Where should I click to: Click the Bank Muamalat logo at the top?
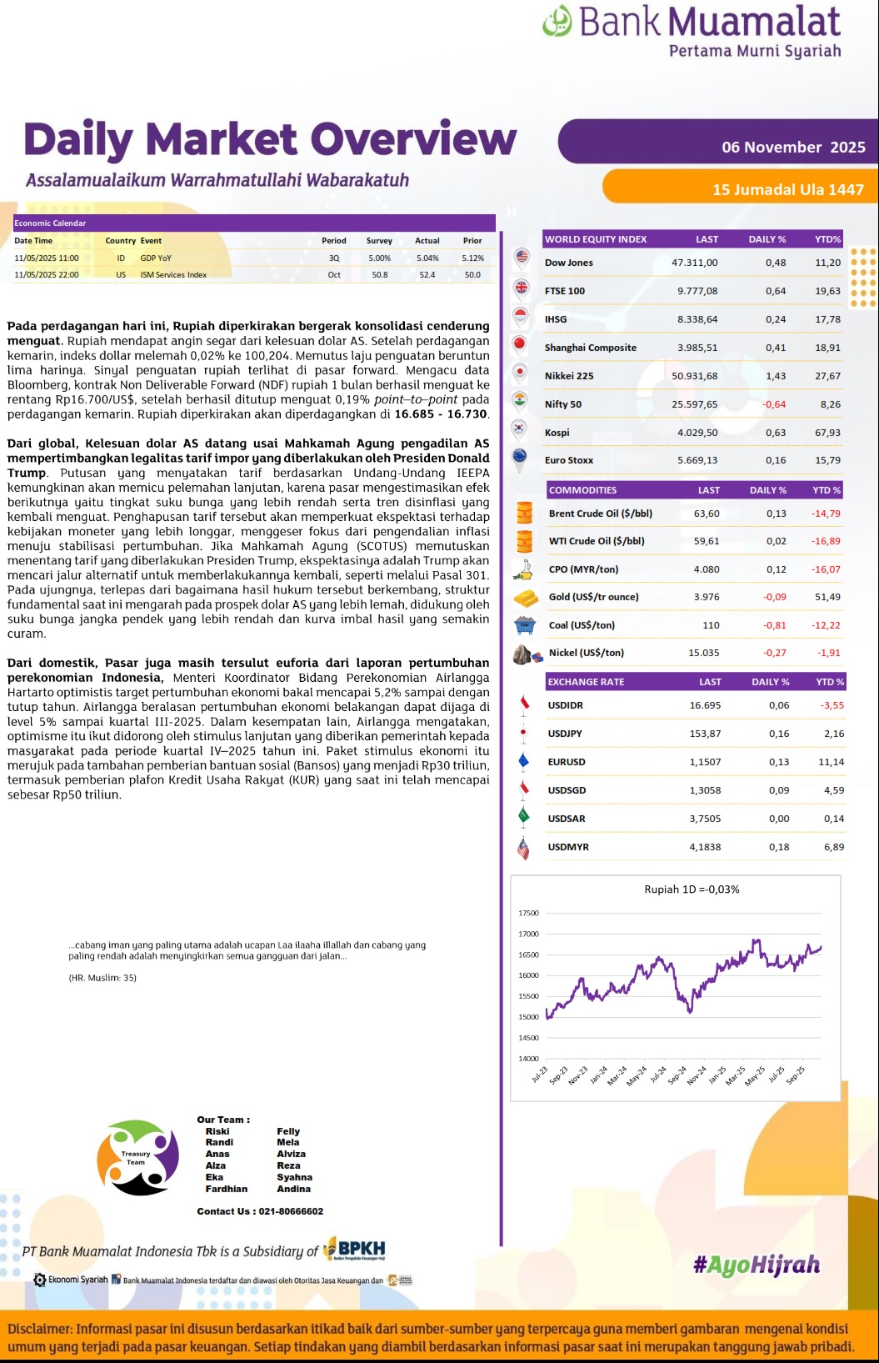692,31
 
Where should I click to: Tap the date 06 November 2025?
793,148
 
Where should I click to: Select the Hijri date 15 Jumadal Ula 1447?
787,190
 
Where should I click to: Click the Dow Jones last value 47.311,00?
694,263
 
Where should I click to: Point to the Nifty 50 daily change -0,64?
774,404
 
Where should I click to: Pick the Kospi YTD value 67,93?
827,433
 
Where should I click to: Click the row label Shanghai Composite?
590,348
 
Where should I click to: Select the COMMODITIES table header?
583,490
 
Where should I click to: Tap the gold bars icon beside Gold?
525,598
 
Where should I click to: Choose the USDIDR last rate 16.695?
705,705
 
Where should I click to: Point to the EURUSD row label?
567,762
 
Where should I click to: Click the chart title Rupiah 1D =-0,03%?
692,889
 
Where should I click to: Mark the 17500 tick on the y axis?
528,914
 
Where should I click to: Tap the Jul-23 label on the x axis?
540,1075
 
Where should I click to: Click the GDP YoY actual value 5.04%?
427,258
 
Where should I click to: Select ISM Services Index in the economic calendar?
173,275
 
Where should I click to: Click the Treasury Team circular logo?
137,1158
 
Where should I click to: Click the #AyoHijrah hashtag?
757,1265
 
